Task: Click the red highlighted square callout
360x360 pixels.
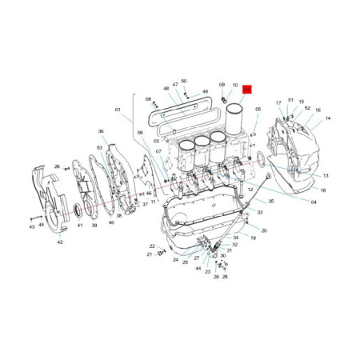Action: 248,90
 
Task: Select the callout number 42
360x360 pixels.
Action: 60,242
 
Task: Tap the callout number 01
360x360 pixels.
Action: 117,109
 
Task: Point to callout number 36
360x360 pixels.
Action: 101,131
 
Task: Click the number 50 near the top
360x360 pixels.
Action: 183,81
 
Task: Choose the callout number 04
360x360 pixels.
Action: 314,202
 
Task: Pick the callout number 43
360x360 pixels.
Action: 32,226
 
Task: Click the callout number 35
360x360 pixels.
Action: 270,202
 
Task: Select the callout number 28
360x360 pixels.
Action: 226,277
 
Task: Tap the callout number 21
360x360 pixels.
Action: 148,254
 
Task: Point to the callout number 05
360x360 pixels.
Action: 258,109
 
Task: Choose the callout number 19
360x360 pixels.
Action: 253,238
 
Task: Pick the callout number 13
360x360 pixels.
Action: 326,175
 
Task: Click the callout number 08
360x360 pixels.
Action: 148,99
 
